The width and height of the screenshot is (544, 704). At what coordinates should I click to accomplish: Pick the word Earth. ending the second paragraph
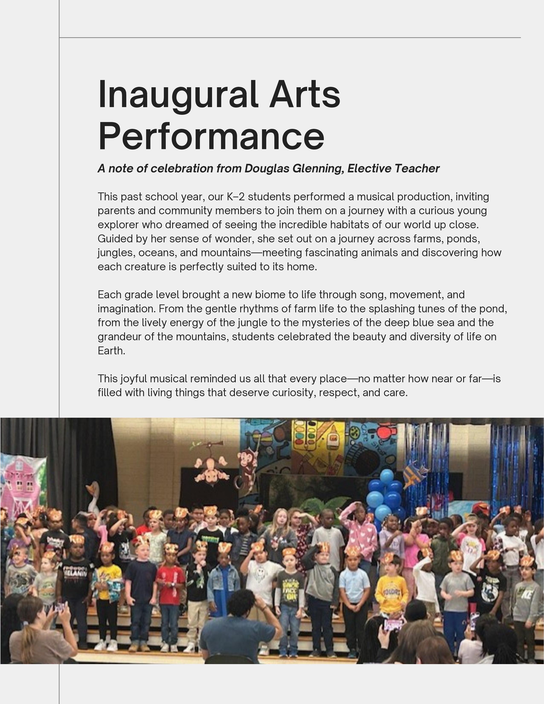coord(111,351)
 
